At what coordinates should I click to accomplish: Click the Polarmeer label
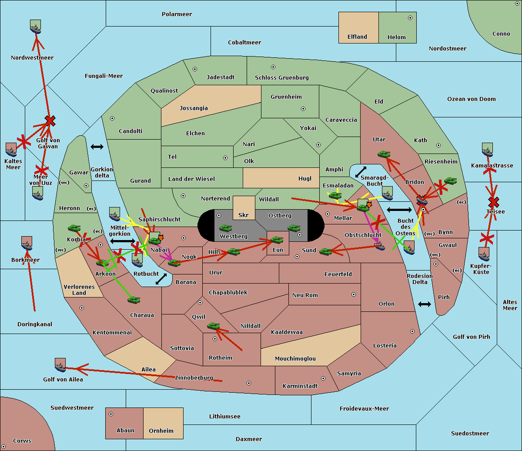point(177,14)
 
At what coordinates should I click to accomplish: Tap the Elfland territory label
point(357,37)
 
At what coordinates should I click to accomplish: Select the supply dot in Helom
point(410,18)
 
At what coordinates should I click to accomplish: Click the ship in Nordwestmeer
point(35,27)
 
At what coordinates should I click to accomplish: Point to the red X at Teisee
point(493,202)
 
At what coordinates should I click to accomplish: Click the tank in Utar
point(384,154)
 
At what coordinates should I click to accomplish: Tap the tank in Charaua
point(134,300)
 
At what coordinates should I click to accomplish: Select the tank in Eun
point(277,240)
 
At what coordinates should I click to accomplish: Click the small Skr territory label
point(244,215)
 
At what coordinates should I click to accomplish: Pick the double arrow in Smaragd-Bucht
point(361,172)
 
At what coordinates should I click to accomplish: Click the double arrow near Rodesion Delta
point(425,304)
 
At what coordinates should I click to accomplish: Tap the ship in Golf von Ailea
point(60,366)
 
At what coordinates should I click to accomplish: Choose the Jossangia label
point(194,108)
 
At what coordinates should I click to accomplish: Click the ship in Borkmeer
point(27,244)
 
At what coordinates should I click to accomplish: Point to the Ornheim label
point(161,431)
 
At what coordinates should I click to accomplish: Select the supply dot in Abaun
point(111,414)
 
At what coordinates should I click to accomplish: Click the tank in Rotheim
point(214,326)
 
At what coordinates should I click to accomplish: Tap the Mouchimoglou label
point(295,359)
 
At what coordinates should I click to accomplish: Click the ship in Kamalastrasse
point(487,150)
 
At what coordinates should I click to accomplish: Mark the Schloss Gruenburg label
point(282,78)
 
